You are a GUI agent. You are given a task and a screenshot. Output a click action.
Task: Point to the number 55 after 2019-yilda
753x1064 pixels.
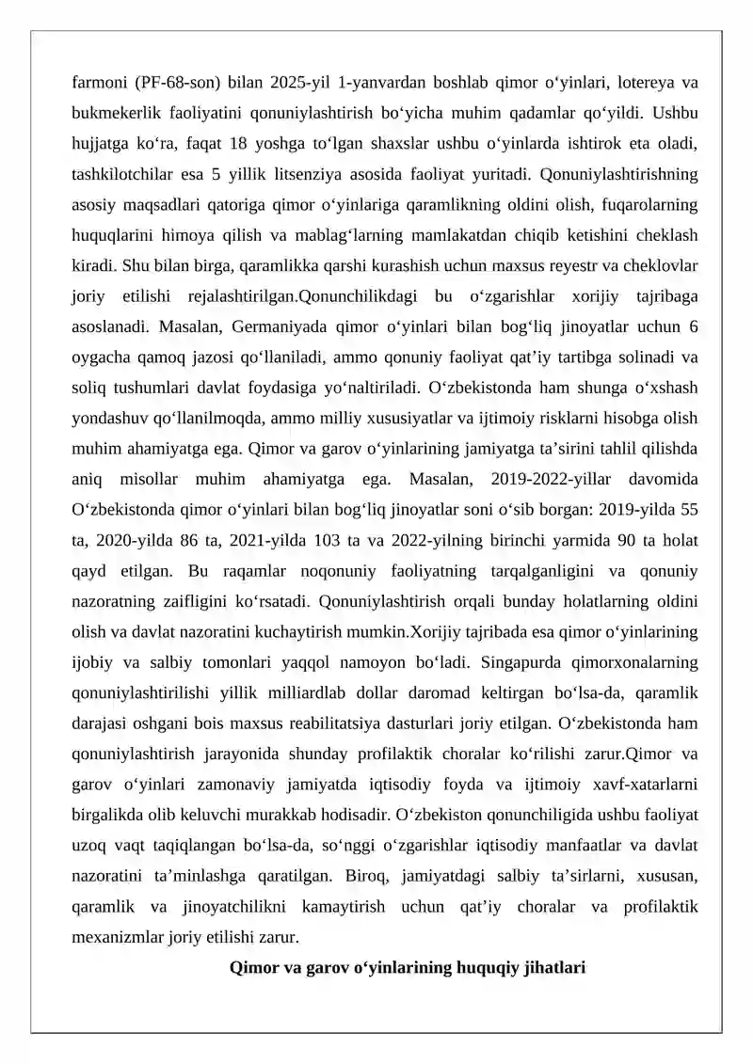(688, 511)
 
